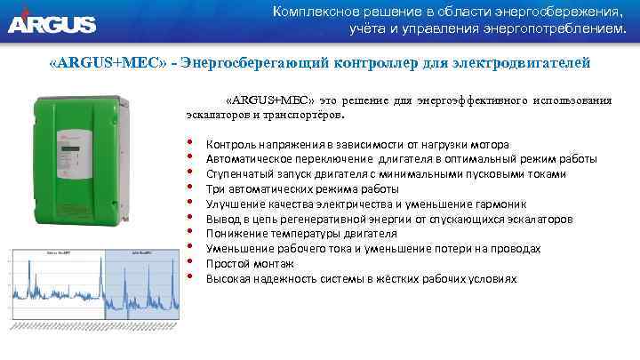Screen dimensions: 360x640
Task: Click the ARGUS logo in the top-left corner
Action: (52, 20)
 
